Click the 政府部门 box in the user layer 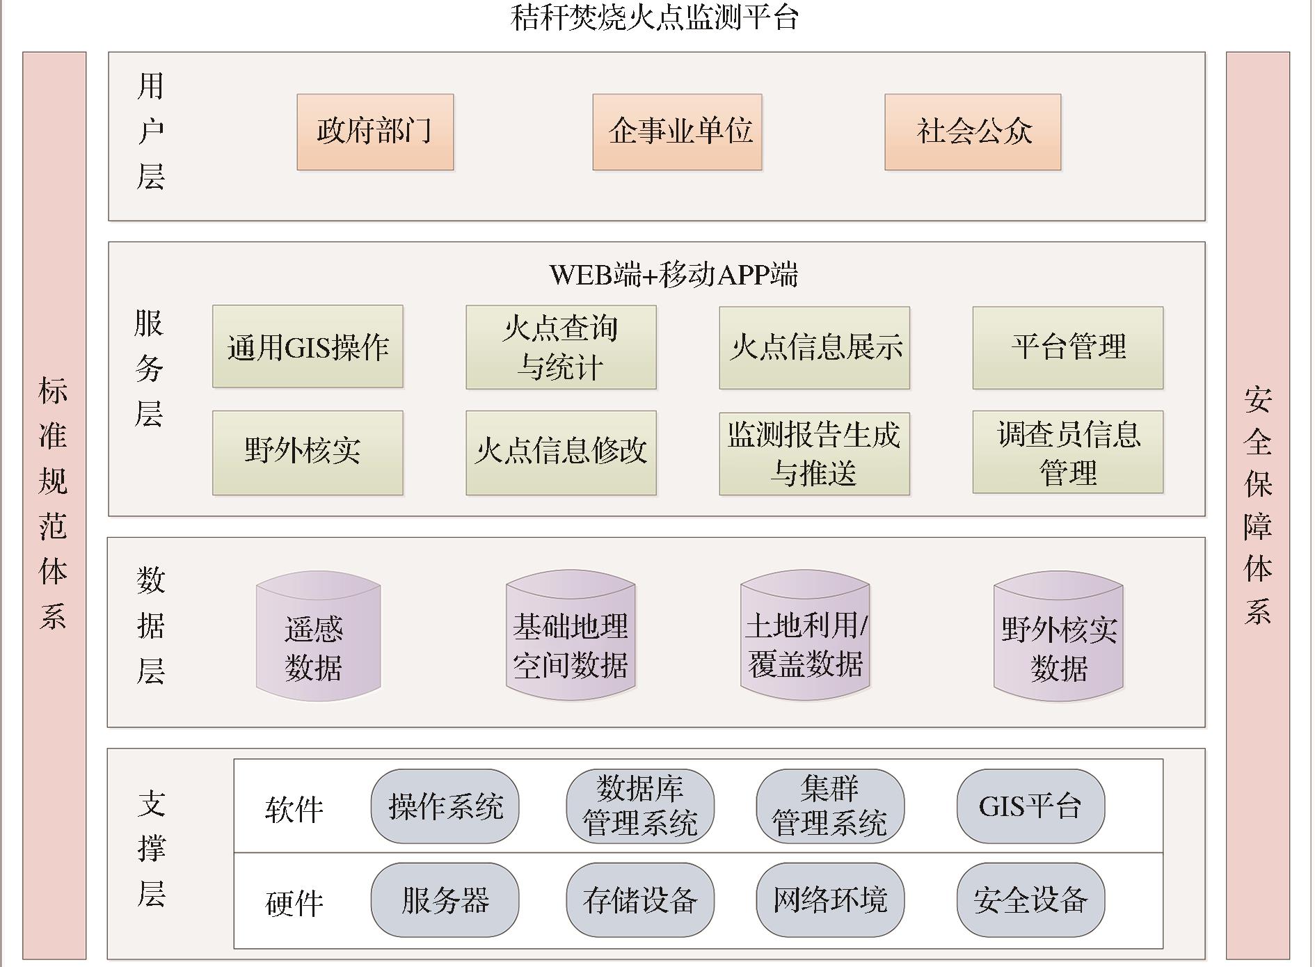[x=375, y=132]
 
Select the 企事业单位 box [x=677, y=132]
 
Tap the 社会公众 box [x=973, y=132]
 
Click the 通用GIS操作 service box [x=308, y=346]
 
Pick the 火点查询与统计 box [x=561, y=347]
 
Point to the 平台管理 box [x=1067, y=347]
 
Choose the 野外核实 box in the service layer [x=308, y=452]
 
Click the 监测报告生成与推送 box [x=814, y=453]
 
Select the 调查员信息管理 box [x=1067, y=452]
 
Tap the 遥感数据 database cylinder [x=318, y=637]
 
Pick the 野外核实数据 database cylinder [x=1058, y=637]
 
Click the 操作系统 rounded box [x=445, y=806]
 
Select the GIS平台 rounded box [x=1030, y=806]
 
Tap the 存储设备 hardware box [x=640, y=900]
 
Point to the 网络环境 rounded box [x=830, y=900]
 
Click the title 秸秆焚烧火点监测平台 [x=654, y=17]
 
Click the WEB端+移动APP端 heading [x=673, y=275]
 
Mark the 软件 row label [x=294, y=809]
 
